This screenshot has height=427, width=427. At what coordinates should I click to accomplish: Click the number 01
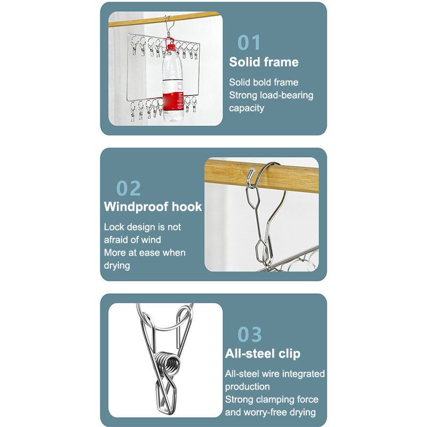pyautogui.click(x=249, y=43)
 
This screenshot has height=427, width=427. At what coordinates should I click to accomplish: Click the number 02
pyautogui.click(x=128, y=188)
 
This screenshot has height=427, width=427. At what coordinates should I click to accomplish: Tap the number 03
pyautogui.click(x=249, y=334)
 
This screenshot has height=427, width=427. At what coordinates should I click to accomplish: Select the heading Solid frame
pyautogui.click(x=264, y=62)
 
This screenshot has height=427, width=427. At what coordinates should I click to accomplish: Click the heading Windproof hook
pyautogui.click(x=153, y=207)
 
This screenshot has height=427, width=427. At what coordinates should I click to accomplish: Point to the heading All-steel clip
pyautogui.click(x=263, y=353)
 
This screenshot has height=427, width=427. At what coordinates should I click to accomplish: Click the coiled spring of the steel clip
pyautogui.click(x=168, y=363)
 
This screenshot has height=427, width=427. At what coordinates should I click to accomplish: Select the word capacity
pyautogui.click(x=247, y=108)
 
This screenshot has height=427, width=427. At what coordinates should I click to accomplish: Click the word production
pyautogui.click(x=247, y=386)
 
